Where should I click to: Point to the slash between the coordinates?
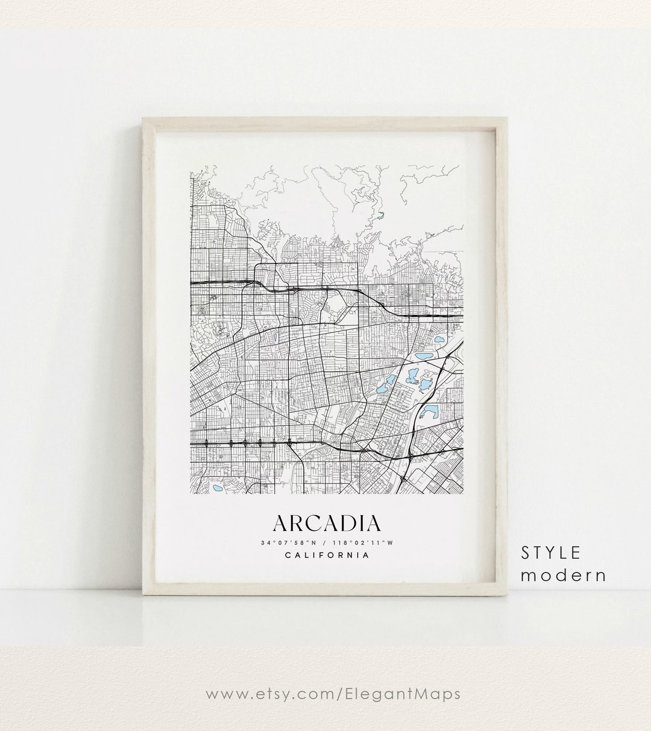pyautogui.click(x=327, y=542)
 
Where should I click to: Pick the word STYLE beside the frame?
pyautogui.click(x=551, y=552)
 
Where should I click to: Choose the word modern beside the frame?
pyautogui.click(x=563, y=575)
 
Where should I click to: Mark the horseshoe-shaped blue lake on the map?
pyautogui.click(x=429, y=413)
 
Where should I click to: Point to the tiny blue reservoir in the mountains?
pyautogui.click(x=381, y=214)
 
